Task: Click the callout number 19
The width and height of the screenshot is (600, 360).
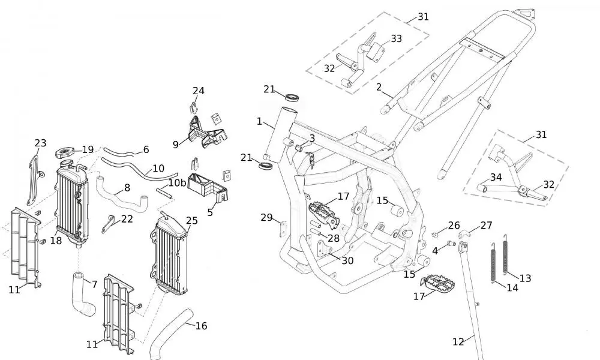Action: click(88, 149)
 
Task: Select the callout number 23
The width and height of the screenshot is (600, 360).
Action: click(40, 143)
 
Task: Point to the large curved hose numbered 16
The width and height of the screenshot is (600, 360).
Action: click(168, 333)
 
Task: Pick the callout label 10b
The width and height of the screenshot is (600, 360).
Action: click(176, 182)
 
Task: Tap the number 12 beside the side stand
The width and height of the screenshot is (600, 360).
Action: click(458, 342)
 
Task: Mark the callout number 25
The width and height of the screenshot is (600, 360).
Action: click(192, 220)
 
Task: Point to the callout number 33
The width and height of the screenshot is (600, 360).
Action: click(397, 38)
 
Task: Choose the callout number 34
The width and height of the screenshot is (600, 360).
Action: click(496, 177)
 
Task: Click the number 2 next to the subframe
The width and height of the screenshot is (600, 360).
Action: click(379, 87)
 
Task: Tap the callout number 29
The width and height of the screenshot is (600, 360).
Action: click(266, 217)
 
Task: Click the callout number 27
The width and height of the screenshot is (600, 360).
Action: click(486, 226)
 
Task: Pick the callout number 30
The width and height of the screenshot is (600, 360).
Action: click(347, 260)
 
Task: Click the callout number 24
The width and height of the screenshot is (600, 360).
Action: click(199, 91)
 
